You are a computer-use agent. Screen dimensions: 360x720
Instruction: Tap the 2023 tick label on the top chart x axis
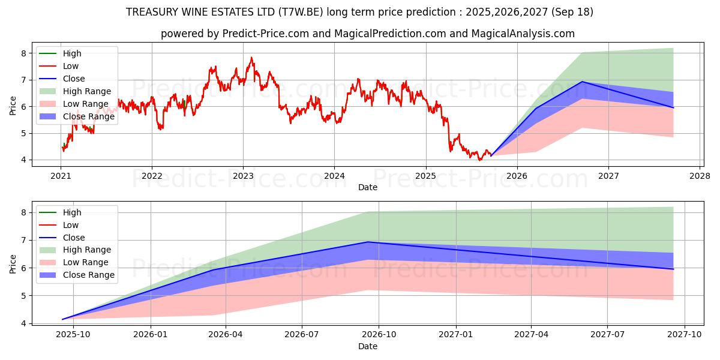243,176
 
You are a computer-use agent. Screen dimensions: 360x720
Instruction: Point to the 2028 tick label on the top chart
700,176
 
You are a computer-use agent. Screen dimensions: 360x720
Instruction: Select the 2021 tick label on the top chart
61,176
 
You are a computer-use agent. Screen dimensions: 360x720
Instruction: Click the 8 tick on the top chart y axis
23,53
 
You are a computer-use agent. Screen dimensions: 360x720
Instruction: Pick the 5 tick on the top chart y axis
23,133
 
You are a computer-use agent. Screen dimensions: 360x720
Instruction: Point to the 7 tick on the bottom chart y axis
23,240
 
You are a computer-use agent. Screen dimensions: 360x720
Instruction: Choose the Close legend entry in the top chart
74,79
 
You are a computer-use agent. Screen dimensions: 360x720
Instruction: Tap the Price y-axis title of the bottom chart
13,264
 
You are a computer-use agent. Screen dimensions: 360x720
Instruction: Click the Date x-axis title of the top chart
368,187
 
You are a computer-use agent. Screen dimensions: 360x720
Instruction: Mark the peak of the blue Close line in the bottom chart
368,242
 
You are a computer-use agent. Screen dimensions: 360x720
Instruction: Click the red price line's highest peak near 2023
251,58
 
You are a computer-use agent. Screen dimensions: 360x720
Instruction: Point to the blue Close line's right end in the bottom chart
673,269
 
